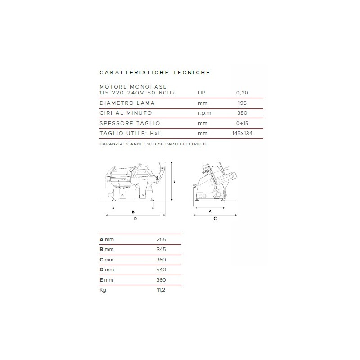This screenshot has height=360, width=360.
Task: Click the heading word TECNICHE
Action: click(x=192, y=72)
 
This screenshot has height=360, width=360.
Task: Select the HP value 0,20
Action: click(x=242, y=93)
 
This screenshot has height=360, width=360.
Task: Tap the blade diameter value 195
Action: click(x=242, y=103)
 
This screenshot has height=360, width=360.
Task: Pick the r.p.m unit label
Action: click(x=205, y=113)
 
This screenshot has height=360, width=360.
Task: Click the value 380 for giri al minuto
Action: click(x=242, y=113)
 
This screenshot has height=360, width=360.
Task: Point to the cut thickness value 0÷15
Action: click(x=242, y=123)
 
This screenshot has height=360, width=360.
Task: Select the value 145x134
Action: click(x=242, y=133)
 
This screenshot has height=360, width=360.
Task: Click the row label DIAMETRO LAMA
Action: click(x=127, y=103)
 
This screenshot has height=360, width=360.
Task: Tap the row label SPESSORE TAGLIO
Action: click(x=130, y=123)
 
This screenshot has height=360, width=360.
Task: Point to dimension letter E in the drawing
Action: click(x=175, y=181)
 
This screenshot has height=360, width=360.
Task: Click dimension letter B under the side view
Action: click(x=133, y=212)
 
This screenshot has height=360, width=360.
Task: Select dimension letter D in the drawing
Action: click(x=135, y=219)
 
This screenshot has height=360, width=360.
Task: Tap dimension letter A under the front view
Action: click(x=210, y=211)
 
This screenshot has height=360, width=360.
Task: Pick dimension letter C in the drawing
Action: click(x=215, y=219)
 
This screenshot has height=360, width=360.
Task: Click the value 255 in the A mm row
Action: click(x=161, y=239)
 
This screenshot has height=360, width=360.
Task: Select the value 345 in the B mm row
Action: click(x=161, y=249)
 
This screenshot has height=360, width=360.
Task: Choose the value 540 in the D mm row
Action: click(x=161, y=270)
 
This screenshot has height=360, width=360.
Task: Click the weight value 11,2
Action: click(x=161, y=290)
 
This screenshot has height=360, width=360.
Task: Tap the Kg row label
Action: click(x=103, y=290)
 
